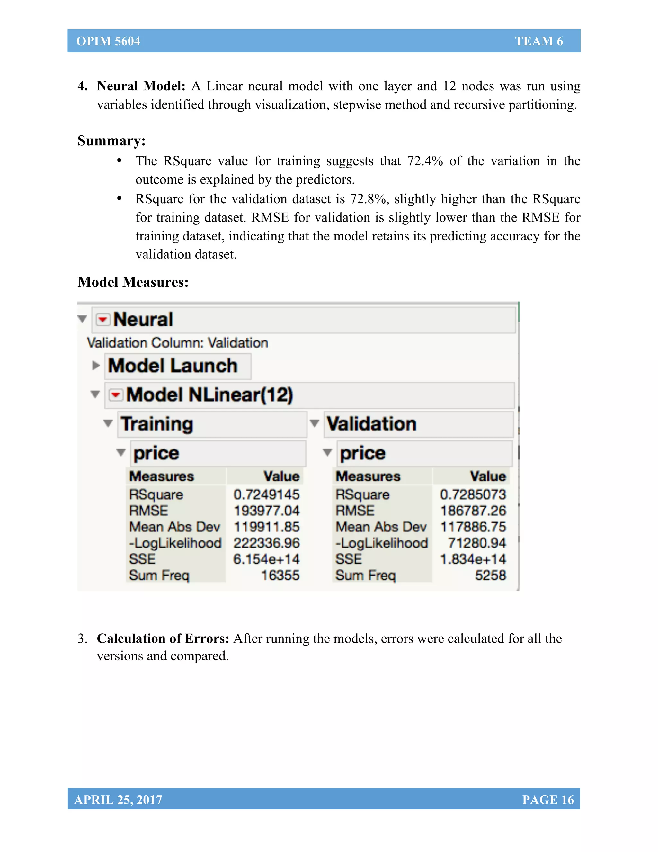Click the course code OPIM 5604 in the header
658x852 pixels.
pos(108,41)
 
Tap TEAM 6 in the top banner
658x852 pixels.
pos(539,41)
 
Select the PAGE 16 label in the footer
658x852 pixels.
pos(548,799)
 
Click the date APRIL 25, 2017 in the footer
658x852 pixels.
pos(118,799)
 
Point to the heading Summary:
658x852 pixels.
pos(111,140)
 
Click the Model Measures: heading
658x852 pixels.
pos(133,282)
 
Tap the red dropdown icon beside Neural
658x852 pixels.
pos(103,320)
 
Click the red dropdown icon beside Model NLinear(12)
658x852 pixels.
pos(115,395)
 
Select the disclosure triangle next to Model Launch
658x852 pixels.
pos(96,366)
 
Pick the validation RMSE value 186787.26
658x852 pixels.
pos(473,511)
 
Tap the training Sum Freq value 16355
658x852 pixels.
pos(280,575)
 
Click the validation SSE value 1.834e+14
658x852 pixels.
pos(473,559)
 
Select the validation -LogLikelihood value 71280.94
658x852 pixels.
pos(477,543)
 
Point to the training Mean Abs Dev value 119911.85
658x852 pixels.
pos(267,527)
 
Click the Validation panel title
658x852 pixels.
pos(371,424)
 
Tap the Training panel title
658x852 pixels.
pos(157,424)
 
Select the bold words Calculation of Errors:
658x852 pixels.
pos(163,638)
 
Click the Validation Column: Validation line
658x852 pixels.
pos(177,343)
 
